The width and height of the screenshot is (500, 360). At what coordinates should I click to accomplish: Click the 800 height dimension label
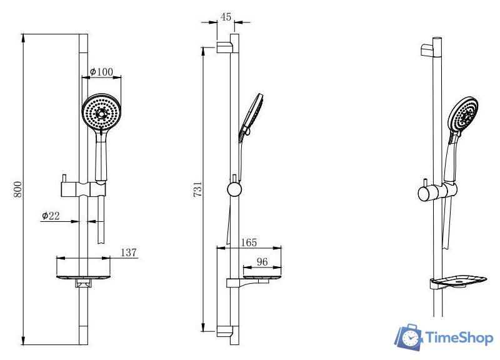pyautogui.click(x=18, y=189)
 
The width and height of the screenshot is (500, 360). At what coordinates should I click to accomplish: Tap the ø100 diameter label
pyautogui.click(x=101, y=71)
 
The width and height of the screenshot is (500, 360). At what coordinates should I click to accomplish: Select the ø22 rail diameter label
pyautogui.click(x=51, y=216)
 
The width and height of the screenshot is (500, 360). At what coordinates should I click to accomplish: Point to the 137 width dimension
pyautogui.click(x=129, y=252)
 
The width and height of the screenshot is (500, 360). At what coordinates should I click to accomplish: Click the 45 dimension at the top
pyautogui.click(x=226, y=17)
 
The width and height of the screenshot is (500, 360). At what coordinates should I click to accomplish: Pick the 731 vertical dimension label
pyautogui.click(x=197, y=189)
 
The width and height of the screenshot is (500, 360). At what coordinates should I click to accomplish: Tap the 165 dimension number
pyautogui.click(x=249, y=242)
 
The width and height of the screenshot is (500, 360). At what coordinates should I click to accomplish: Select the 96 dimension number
pyautogui.click(x=262, y=262)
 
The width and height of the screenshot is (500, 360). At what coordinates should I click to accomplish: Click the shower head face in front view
pyautogui.click(x=101, y=113)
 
